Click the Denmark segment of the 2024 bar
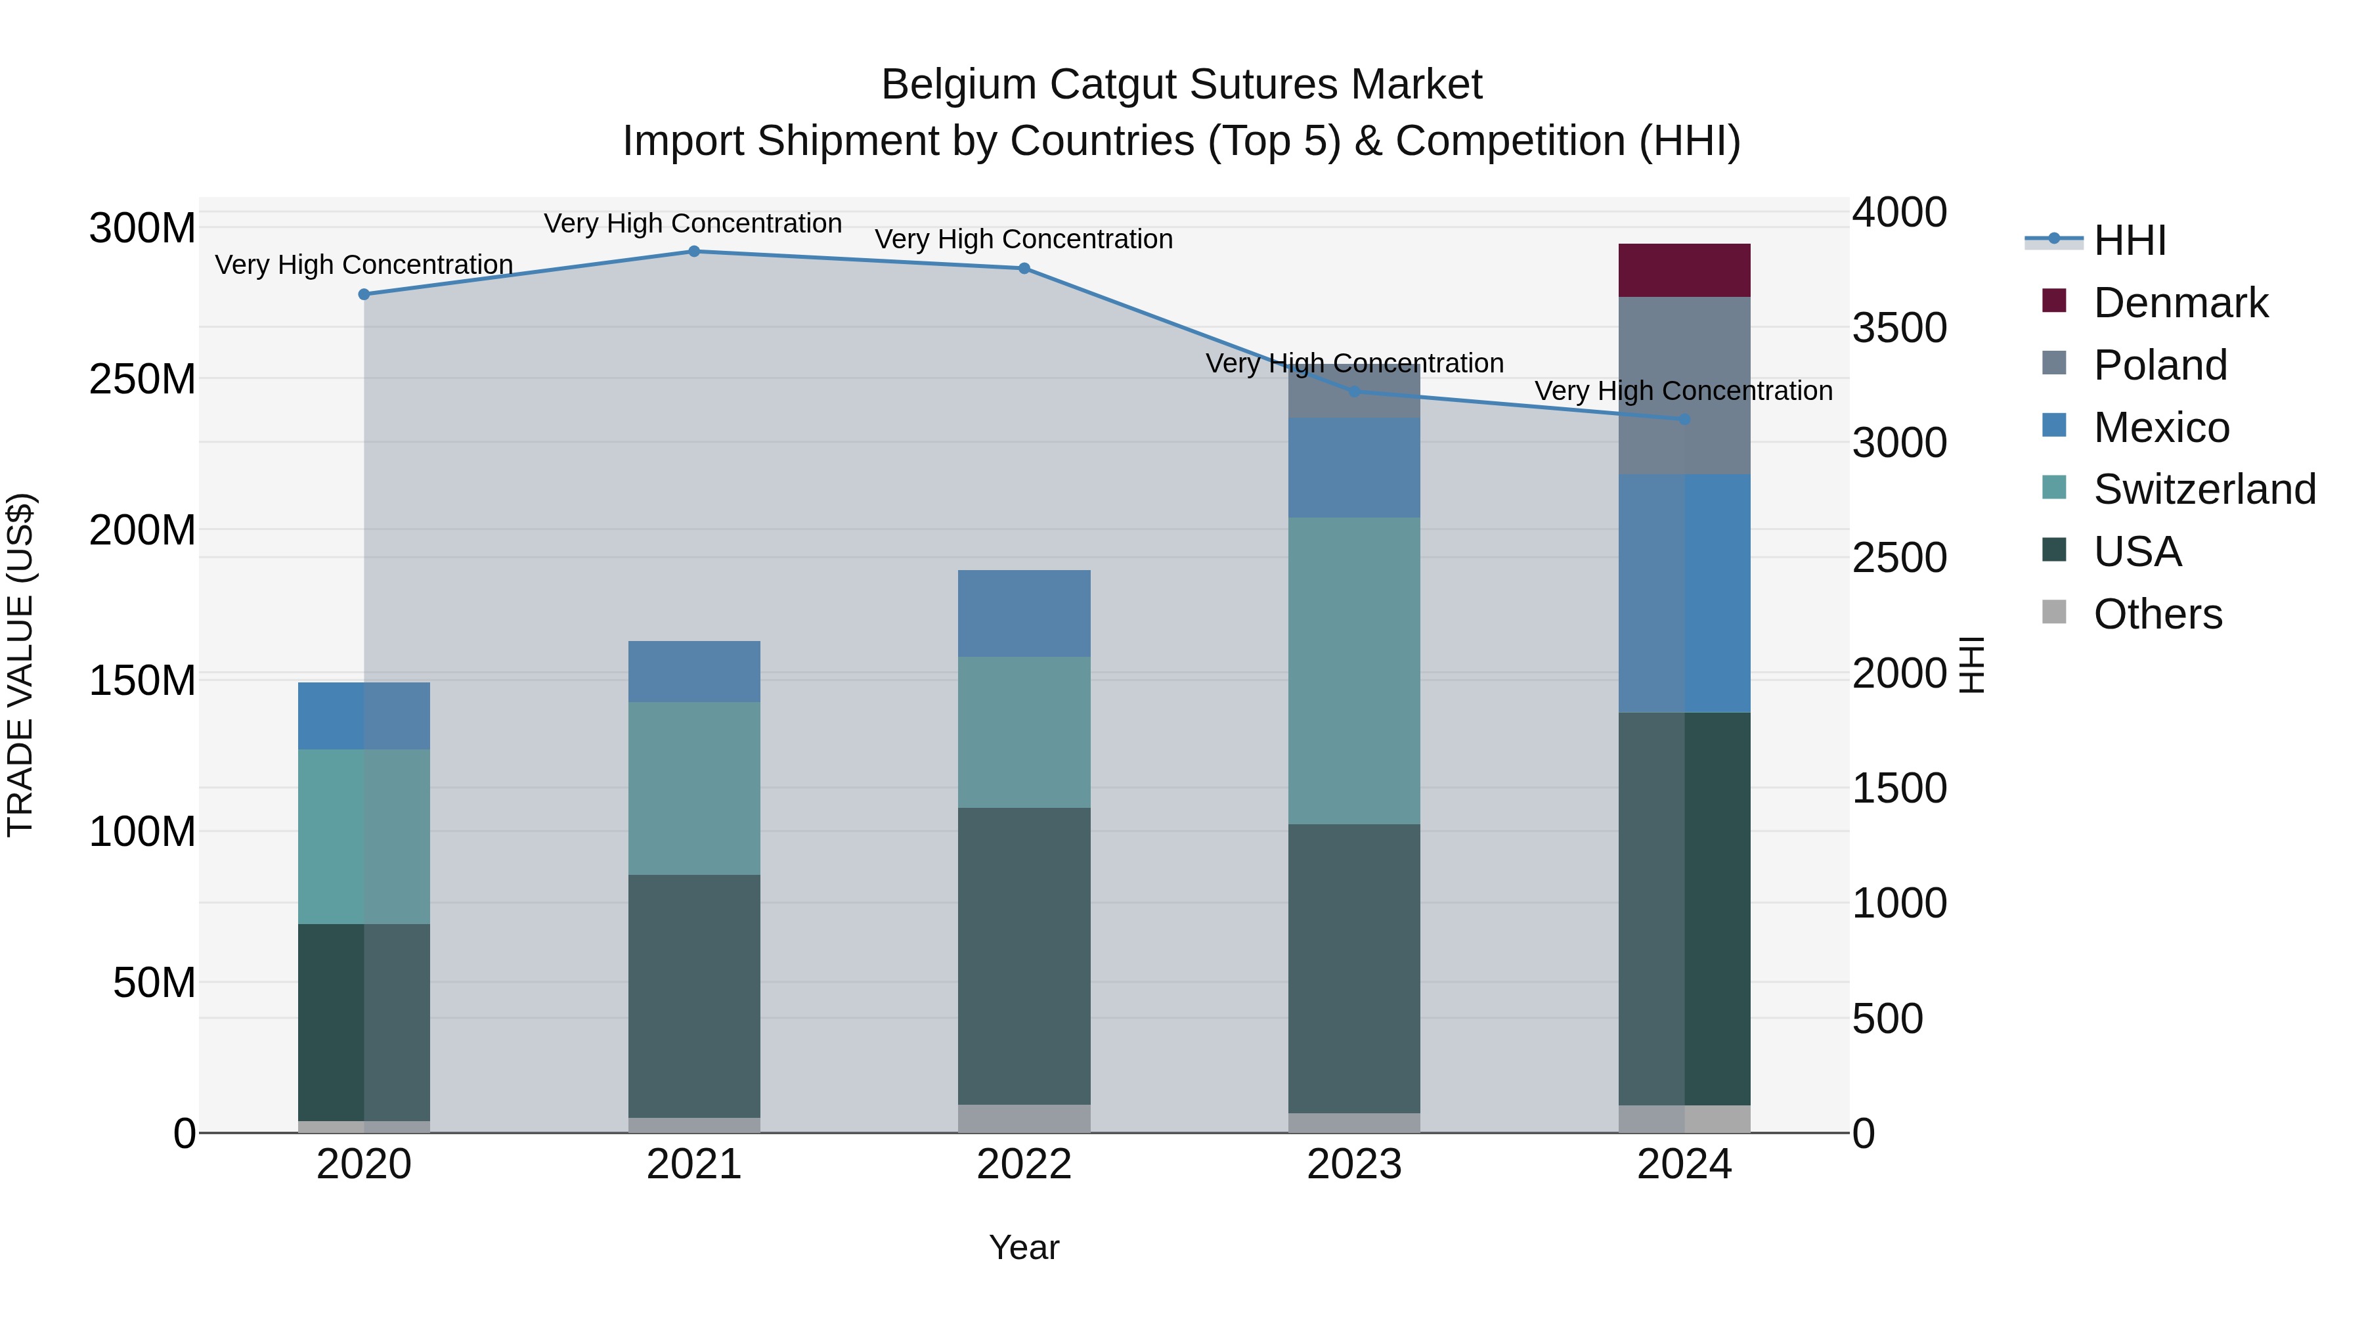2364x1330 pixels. tap(1683, 270)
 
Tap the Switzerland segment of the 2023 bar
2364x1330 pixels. tap(1353, 670)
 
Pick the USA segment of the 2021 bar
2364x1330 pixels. tap(694, 995)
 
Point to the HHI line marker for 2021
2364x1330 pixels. tap(694, 252)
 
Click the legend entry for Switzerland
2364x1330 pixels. tap(2203, 489)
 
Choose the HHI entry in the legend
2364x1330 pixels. tap(2129, 240)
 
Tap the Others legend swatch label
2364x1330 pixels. tap(2156, 614)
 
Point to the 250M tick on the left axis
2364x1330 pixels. tap(142, 379)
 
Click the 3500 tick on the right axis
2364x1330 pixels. tap(1898, 328)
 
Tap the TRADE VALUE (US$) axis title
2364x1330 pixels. tap(20, 665)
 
